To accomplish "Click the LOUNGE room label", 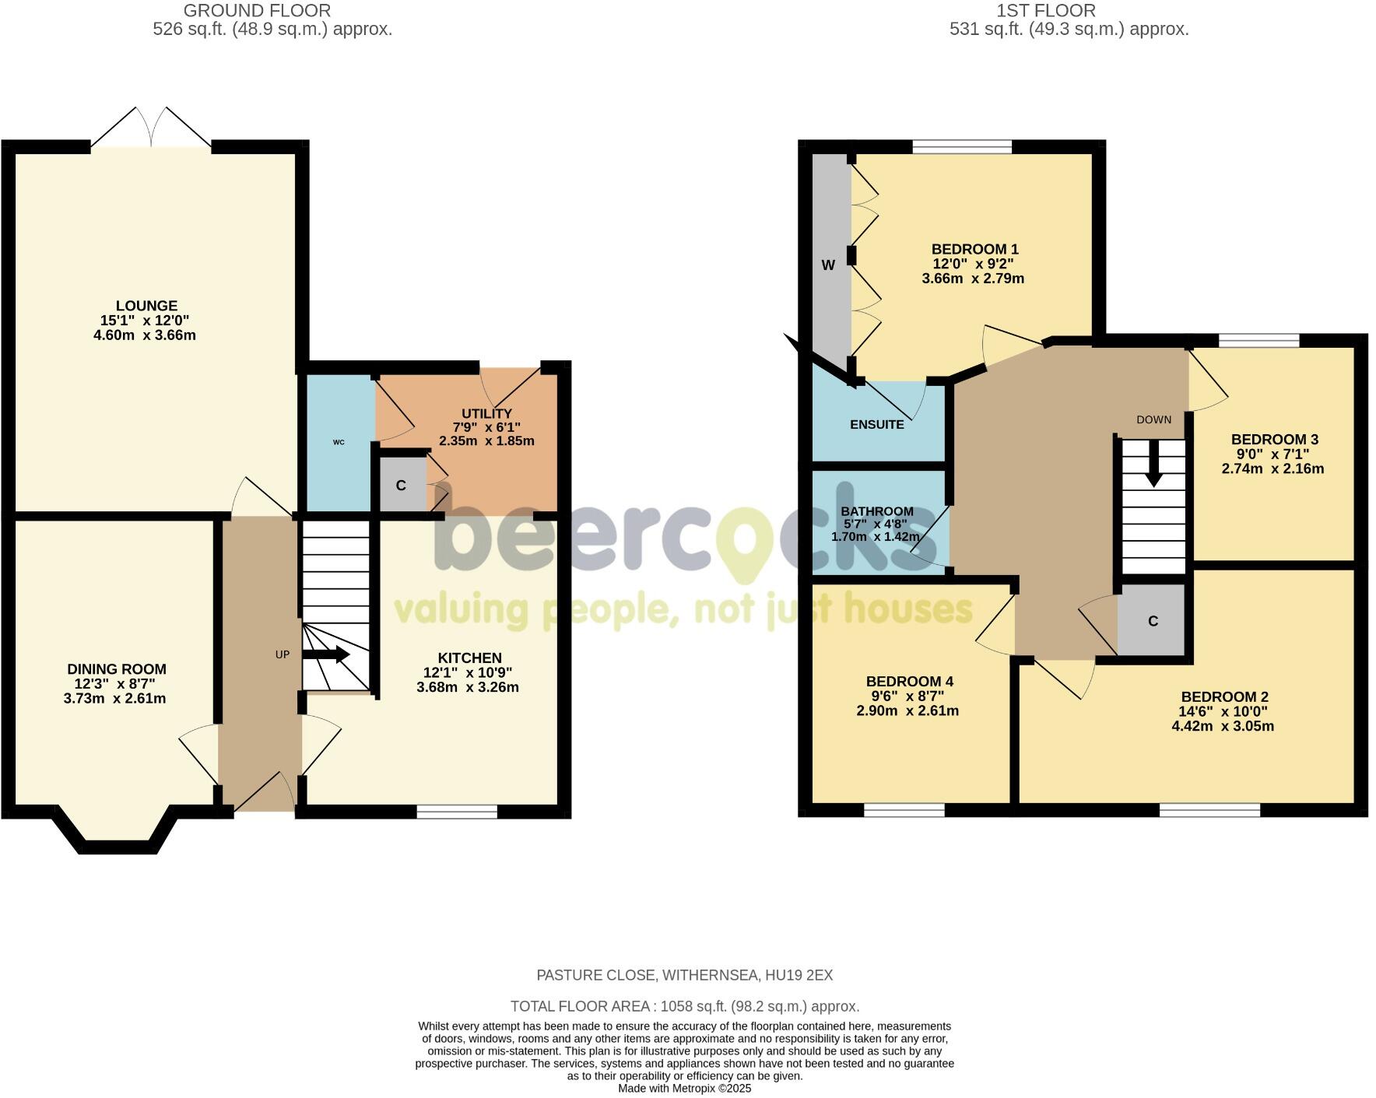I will coord(146,306).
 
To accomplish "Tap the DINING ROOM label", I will coord(117,669).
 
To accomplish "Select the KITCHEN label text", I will coord(469,658).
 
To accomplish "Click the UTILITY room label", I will coord(486,413).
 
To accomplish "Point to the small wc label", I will coord(339,442).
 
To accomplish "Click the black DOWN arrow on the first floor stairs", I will coord(1153,465).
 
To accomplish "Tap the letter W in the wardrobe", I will coord(828,265).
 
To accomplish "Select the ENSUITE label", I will coord(876,425).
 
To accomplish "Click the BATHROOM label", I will coord(876,511).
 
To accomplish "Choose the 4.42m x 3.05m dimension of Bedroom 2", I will coord(1223,727).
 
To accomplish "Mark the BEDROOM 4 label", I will coord(909,682).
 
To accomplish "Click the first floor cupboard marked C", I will coord(1153,621).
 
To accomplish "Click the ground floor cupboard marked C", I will coord(401,486).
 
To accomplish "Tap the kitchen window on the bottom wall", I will coord(457,812).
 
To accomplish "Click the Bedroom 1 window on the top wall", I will coord(962,146).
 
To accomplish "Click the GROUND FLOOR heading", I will coord(257,11).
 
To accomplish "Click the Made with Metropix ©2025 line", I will coord(684,1089).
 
